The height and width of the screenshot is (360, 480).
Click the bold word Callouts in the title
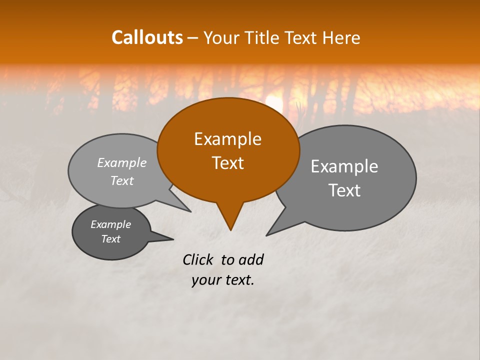click(x=147, y=37)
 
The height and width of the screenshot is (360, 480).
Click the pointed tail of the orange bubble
click(x=230, y=220)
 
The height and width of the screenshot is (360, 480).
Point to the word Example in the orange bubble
click(x=227, y=139)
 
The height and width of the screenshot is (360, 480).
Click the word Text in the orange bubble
click(x=227, y=163)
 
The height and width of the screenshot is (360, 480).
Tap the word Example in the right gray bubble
click(x=344, y=166)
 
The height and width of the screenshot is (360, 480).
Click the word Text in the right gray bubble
click(x=344, y=190)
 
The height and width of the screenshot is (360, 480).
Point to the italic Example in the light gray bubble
click(x=122, y=162)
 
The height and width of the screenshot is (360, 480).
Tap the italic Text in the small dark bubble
click(x=111, y=239)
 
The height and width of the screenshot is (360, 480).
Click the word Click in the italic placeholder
click(x=198, y=259)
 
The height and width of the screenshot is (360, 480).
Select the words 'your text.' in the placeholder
click(x=223, y=280)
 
